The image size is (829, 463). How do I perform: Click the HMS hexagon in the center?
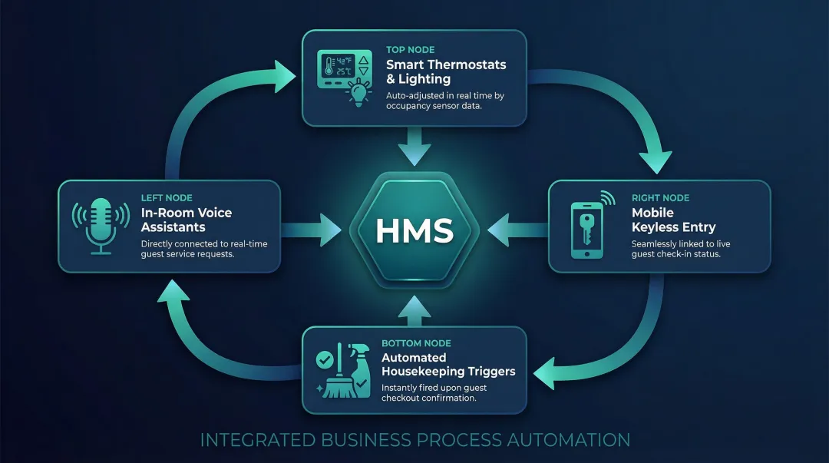pos(414,229)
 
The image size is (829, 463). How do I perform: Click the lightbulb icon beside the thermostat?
pos(358,93)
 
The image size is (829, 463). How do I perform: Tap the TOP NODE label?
pos(411,50)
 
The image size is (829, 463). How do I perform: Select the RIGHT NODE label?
pos(660,198)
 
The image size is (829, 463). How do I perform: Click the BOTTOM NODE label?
pos(416,343)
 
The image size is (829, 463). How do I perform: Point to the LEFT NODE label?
pos(167,198)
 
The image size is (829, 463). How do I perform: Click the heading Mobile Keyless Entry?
pos(673,220)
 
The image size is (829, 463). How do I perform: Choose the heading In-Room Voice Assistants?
pos(186,220)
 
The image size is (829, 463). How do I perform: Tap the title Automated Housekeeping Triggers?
pos(448,365)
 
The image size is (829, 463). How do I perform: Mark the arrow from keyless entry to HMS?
pos(516,228)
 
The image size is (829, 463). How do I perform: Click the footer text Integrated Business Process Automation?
pos(414,440)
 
